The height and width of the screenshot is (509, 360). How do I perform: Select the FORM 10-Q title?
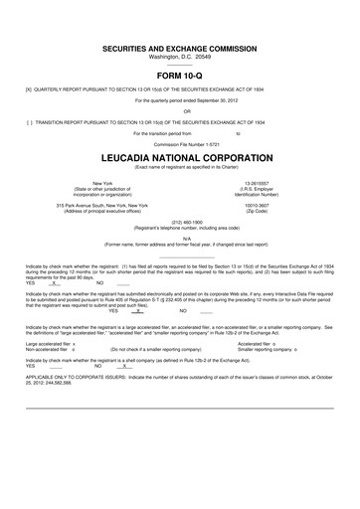click(180, 75)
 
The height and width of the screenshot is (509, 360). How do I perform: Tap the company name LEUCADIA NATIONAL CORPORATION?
click(180, 158)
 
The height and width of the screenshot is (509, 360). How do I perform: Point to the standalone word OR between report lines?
click(180, 109)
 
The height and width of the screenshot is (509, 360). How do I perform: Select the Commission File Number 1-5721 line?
click(180, 142)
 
